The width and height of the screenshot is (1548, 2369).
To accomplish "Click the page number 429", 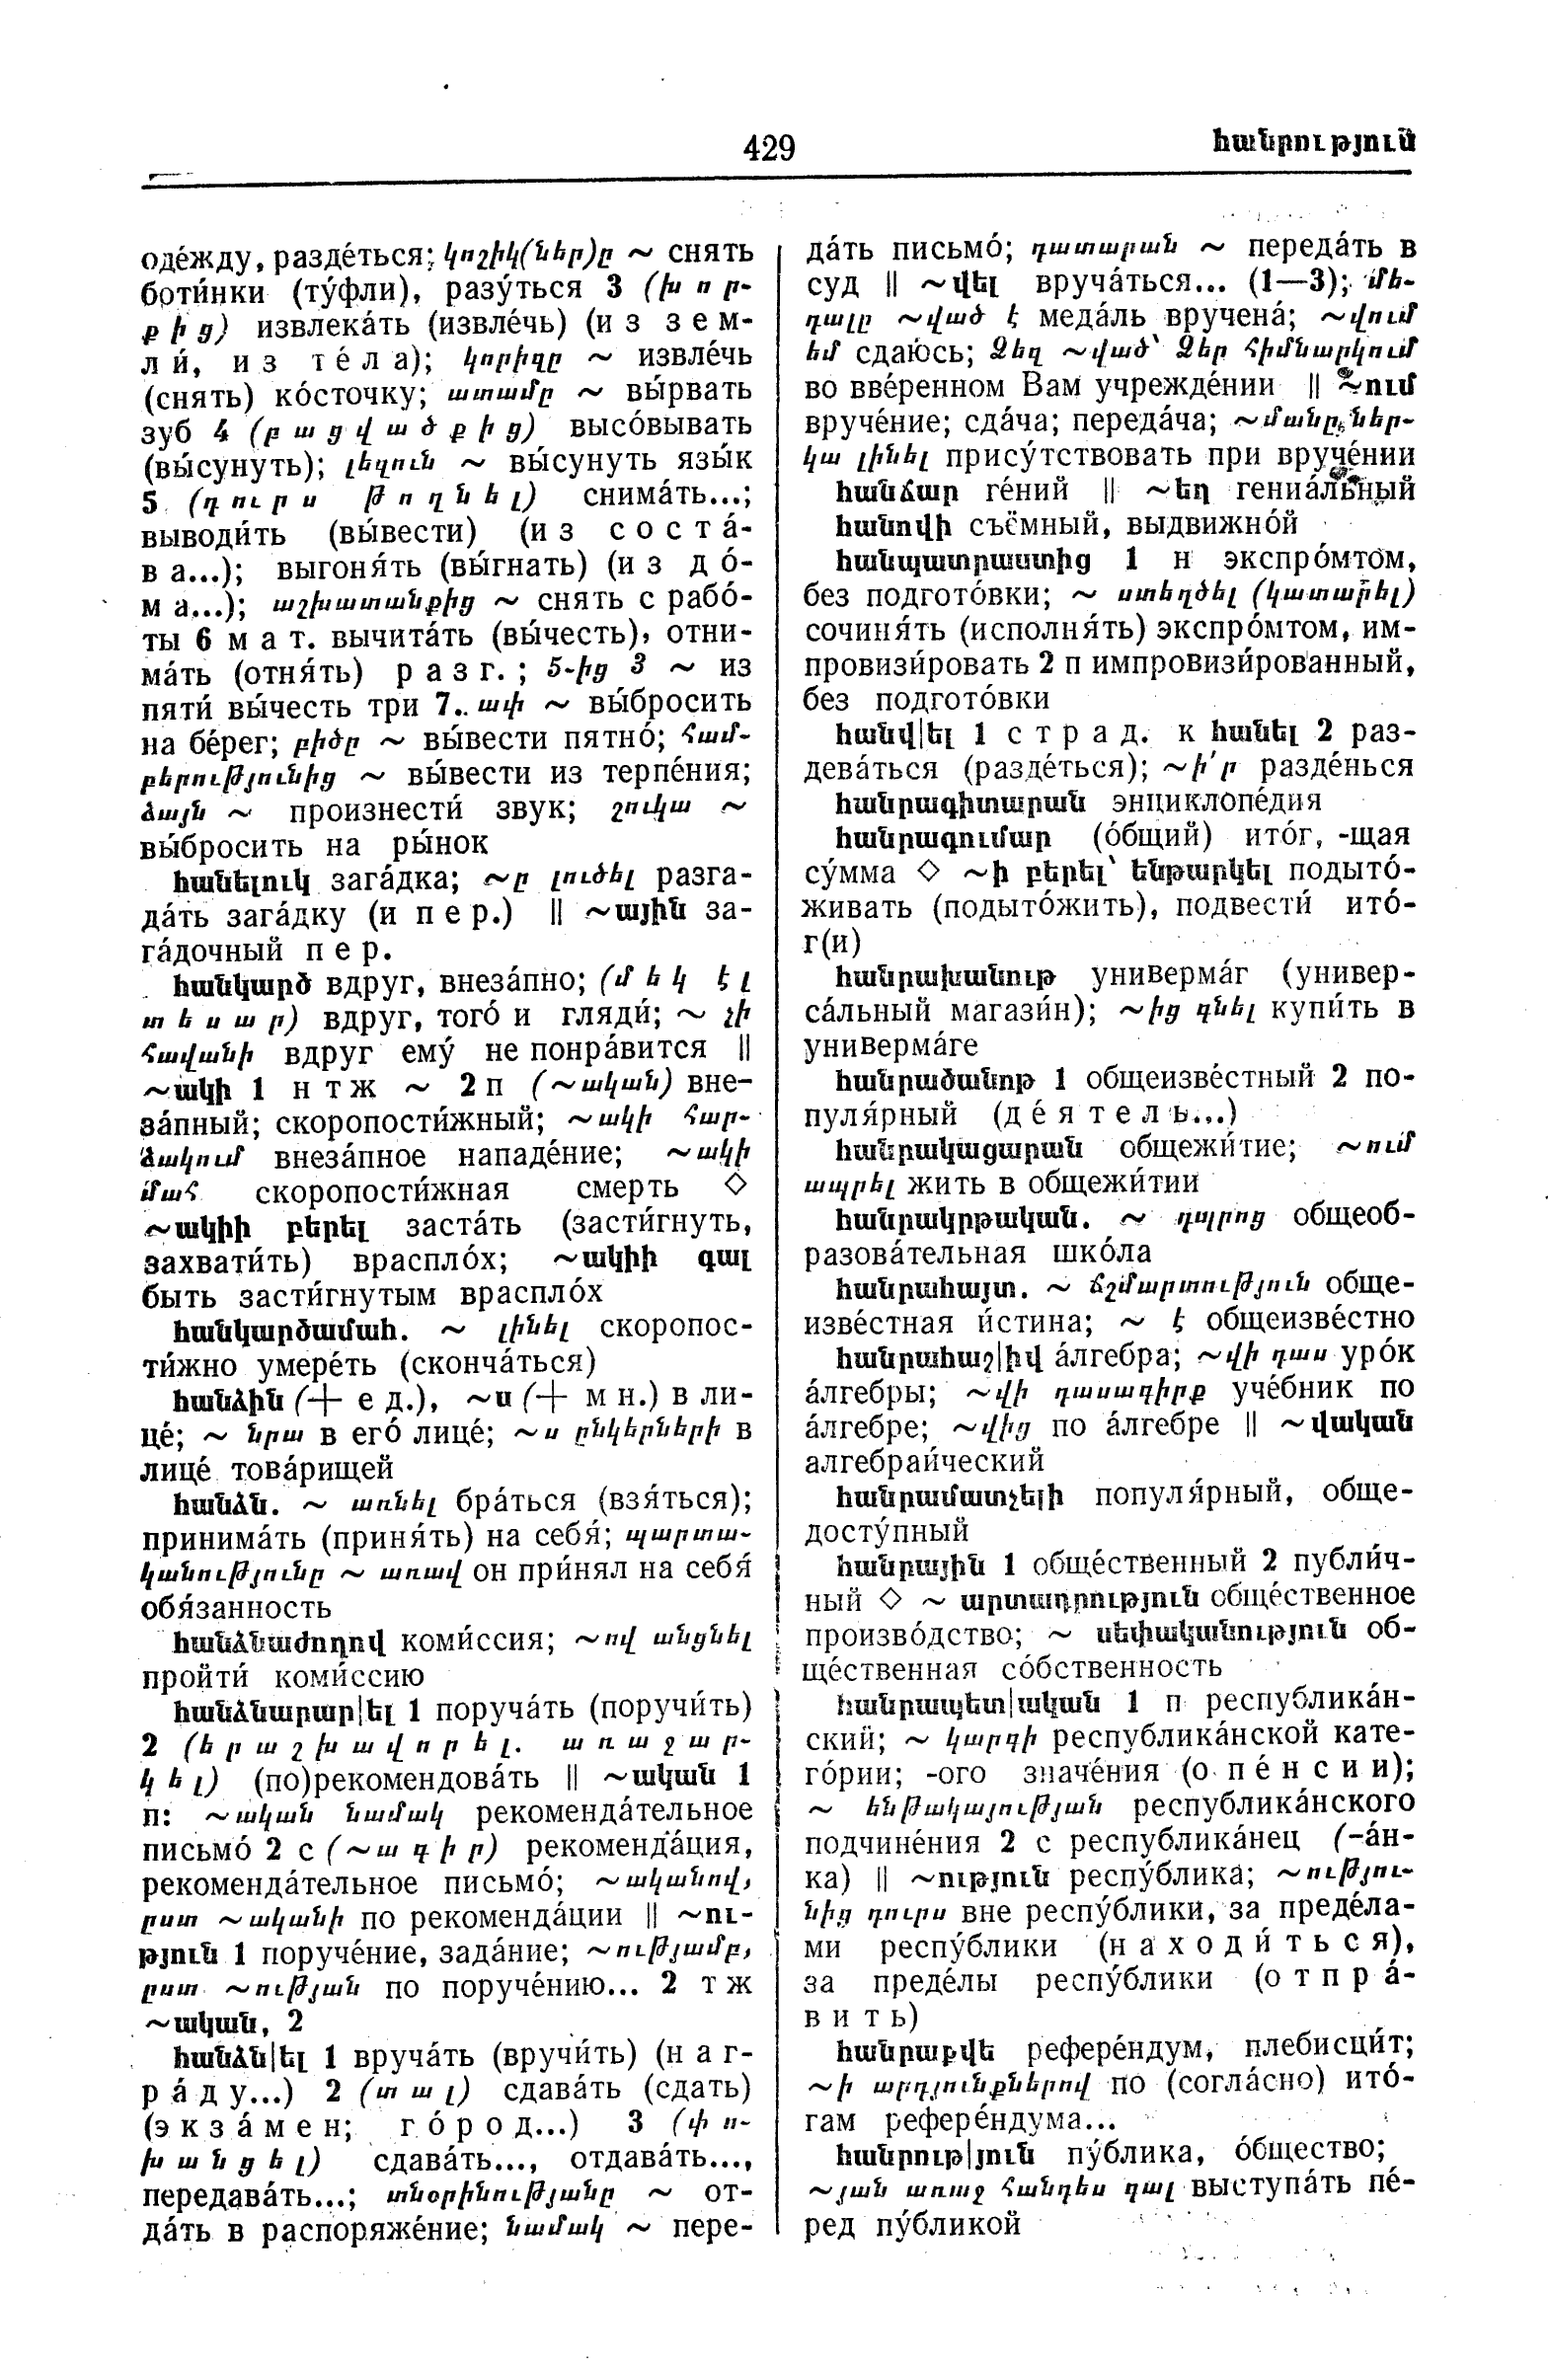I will [x=768, y=148].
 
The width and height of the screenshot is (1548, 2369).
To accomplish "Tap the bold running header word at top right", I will [x=1313, y=143].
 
